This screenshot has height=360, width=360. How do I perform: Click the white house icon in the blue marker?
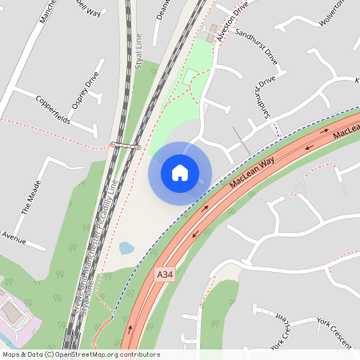click(180, 172)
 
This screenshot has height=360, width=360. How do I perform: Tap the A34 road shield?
click(164, 275)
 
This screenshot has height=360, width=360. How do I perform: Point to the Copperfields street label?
click(54, 110)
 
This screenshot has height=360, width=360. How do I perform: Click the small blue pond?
click(126, 248)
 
